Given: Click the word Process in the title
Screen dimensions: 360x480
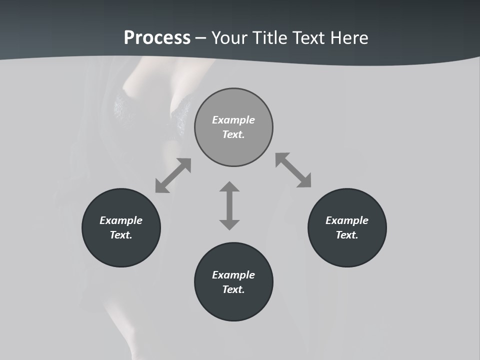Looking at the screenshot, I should coord(157,38).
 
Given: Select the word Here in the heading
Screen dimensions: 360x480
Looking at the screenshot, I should coord(348,38).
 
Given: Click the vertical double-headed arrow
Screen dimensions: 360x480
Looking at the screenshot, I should coord(229,205).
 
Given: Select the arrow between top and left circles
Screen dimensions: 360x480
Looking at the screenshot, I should coord(173,175).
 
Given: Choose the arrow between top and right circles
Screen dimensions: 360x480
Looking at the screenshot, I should coord(293,170).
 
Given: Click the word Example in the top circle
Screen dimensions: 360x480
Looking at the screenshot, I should coord(233,120).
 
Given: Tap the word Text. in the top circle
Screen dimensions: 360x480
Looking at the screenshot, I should coord(233,134).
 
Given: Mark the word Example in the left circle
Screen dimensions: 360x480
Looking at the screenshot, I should coord(121,220).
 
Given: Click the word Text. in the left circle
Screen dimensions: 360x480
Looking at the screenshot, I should coord(121,235).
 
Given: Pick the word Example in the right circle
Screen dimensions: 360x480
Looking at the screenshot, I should coord(347,220).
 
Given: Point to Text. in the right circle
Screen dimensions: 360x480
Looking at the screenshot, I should coord(347,235).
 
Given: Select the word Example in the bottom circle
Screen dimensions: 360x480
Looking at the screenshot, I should coord(233,275).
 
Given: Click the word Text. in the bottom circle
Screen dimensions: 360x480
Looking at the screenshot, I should coord(233,289).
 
